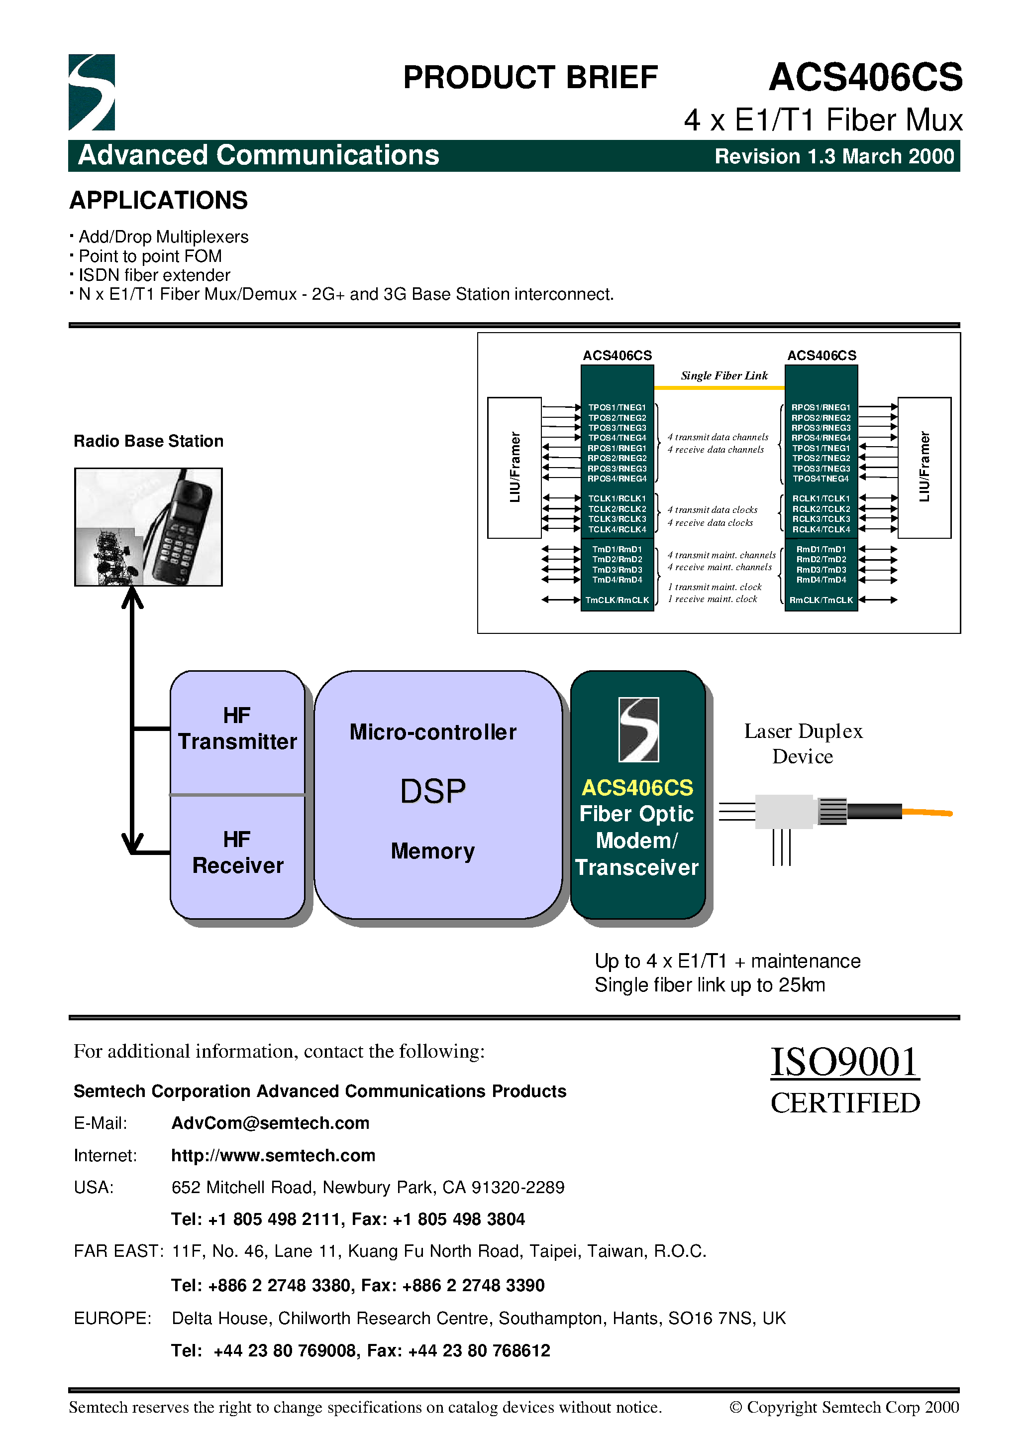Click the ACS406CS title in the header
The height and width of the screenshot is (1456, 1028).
click(865, 77)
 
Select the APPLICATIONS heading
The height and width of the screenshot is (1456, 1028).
click(158, 200)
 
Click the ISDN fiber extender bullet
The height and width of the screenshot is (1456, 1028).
click(154, 275)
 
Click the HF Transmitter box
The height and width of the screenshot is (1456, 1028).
click(237, 730)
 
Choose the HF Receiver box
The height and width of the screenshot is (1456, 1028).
click(237, 853)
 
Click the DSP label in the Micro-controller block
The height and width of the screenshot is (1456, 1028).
click(433, 791)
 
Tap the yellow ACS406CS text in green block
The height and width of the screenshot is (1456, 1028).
click(637, 788)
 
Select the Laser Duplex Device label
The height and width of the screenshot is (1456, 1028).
click(803, 743)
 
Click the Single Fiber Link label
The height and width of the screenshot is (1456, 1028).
click(724, 375)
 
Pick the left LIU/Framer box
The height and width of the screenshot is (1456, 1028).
click(514, 468)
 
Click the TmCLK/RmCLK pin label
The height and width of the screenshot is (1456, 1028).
click(617, 600)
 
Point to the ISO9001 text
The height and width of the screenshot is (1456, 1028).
click(844, 1062)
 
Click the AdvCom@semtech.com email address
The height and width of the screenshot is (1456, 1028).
click(270, 1123)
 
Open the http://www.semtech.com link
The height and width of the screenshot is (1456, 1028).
click(273, 1155)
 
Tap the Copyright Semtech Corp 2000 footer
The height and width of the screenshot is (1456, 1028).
click(844, 1407)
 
